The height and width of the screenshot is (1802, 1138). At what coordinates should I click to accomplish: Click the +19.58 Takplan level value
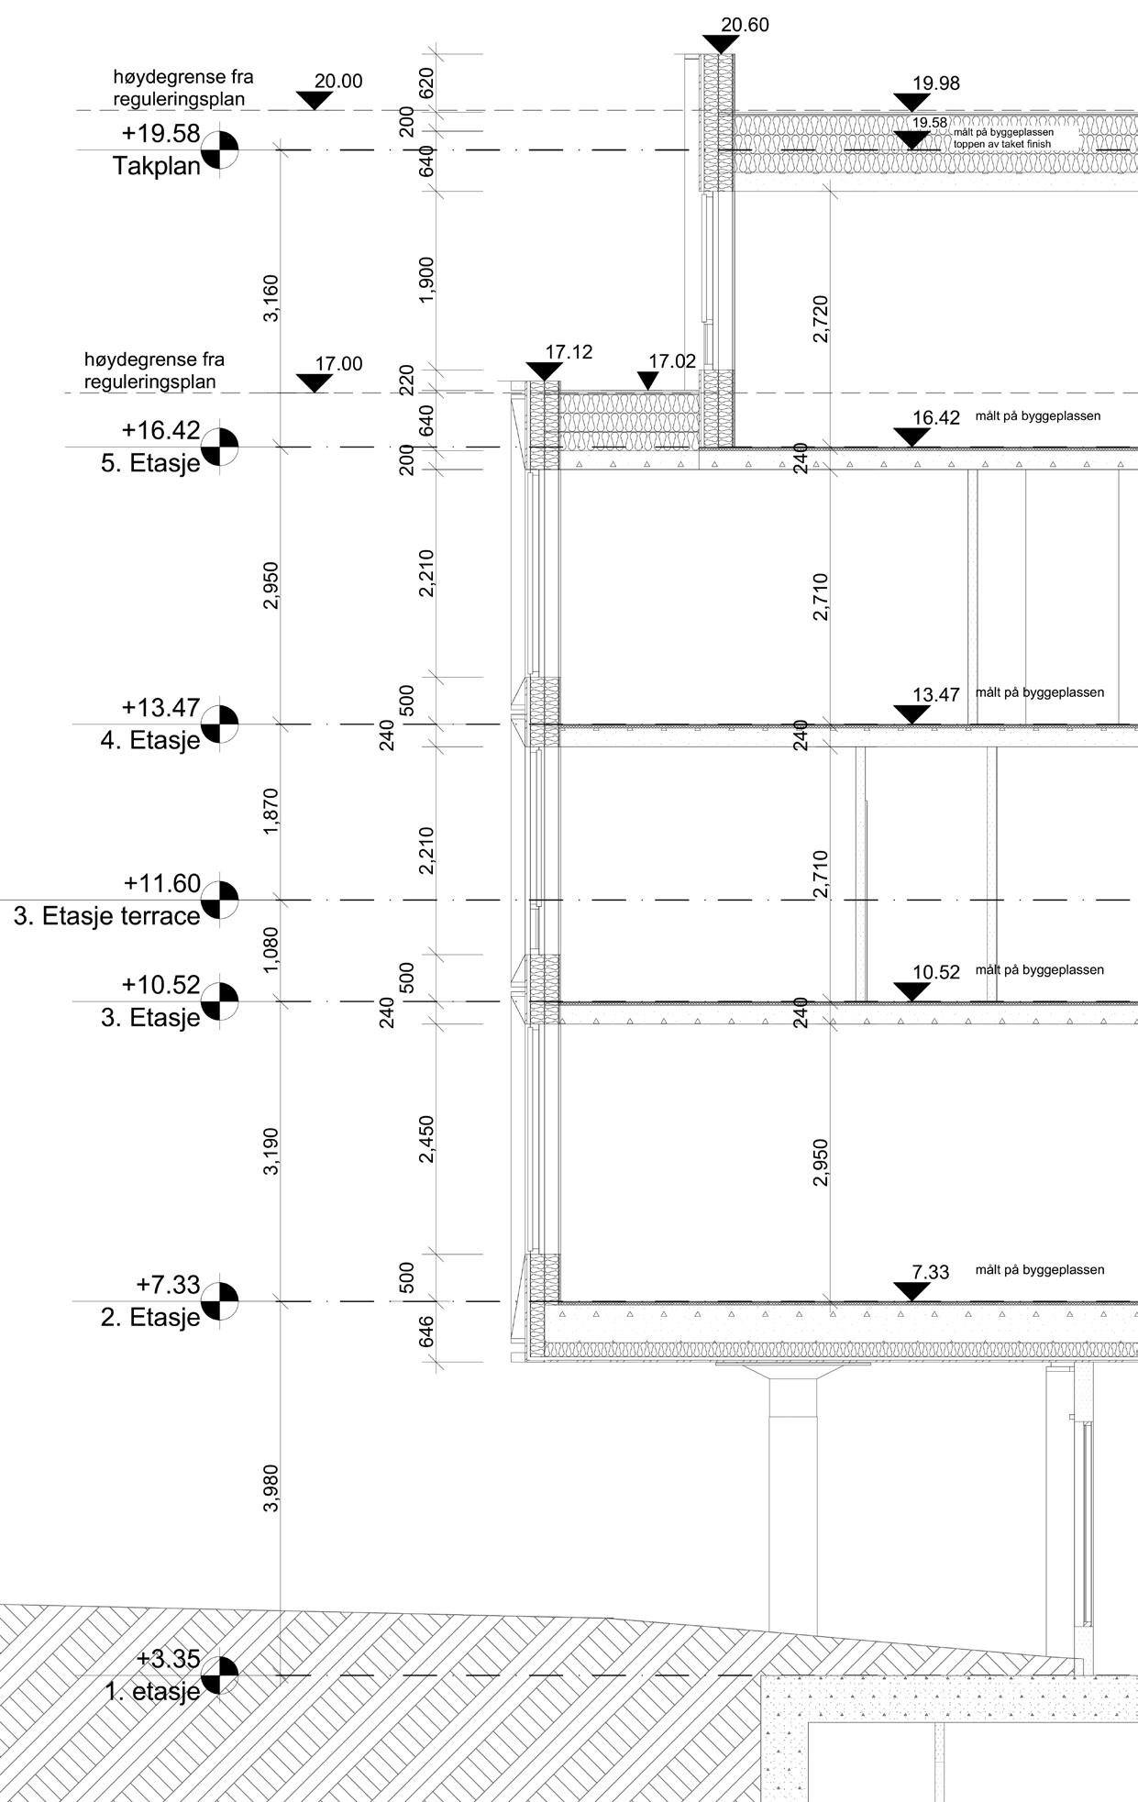tap(160, 134)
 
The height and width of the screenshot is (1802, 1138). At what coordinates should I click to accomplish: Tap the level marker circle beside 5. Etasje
tap(220, 447)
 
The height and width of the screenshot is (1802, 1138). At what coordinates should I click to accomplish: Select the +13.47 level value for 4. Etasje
tap(160, 708)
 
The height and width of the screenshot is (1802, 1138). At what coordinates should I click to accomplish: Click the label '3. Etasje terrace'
tap(106, 916)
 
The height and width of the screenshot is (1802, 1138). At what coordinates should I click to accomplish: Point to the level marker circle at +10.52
tap(220, 1000)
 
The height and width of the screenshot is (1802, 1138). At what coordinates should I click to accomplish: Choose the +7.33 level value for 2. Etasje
tap(168, 1284)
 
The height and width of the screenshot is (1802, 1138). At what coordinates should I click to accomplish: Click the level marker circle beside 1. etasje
tap(220, 1675)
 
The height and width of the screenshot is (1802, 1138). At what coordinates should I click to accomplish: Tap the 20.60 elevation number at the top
tap(744, 25)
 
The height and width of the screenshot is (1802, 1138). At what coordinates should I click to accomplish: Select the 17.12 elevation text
tap(569, 351)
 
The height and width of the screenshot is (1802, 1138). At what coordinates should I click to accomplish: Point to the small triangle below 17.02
tap(647, 381)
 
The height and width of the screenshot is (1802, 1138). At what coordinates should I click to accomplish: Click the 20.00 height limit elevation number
tap(338, 81)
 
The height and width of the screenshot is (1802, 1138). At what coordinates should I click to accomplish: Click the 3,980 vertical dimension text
tap(271, 1489)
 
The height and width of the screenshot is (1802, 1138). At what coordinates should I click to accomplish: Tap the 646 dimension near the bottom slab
tap(426, 1332)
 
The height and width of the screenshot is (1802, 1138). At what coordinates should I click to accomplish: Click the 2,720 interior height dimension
tap(820, 319)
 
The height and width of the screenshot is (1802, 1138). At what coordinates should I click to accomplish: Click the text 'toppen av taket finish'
tap(1002, 144)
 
